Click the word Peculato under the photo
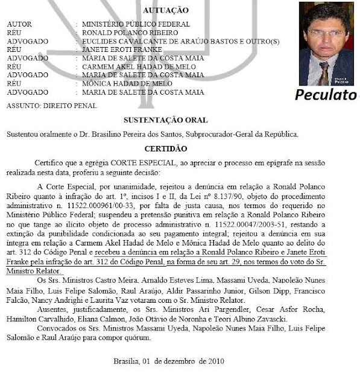pyautogui.click(x=326, y=95)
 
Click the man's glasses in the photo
pyautogui.click(x=326, y=33)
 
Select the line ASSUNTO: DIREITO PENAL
pyautogui.click(x=43, y=106)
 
